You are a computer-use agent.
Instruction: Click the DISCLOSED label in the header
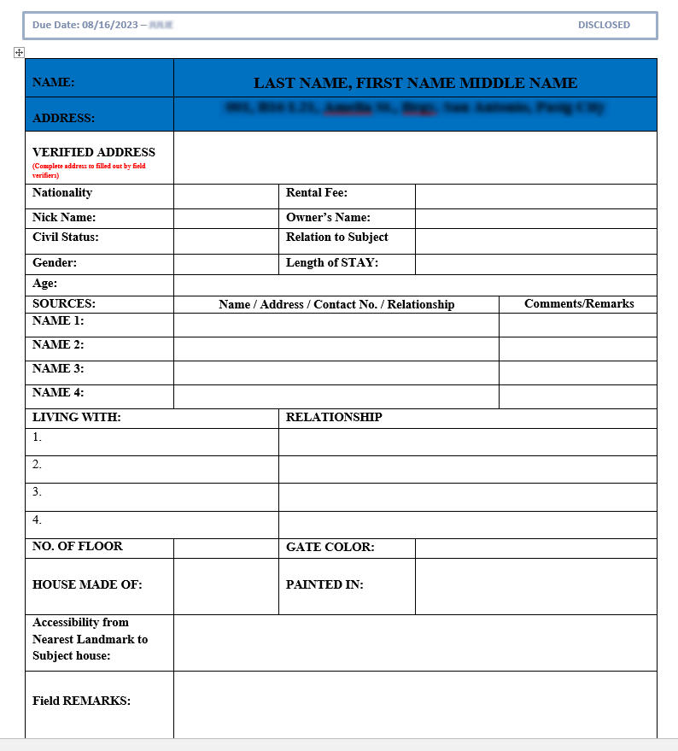(604, 25)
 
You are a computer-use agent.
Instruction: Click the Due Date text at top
(85, 25)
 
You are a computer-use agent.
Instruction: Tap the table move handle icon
(19, 53)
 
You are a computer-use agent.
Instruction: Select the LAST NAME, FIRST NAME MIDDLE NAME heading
(415, 83)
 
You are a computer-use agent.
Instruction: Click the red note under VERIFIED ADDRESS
(89, 170)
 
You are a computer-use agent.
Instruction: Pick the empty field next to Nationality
(225, 196)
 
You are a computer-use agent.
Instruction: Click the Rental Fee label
(316, 193)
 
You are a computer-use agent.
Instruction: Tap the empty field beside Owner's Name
(535, 219)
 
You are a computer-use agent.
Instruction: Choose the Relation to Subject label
(336, 238)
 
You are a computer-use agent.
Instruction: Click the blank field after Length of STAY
(535, 264)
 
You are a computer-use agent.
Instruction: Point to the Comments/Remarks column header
(579, 304)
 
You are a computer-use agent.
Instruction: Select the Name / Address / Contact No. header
(336, 304)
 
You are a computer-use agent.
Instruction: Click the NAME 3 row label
(58, 369)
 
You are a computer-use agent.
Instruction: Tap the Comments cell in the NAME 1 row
(577, 325)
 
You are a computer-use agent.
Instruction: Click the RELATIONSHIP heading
(334, 418)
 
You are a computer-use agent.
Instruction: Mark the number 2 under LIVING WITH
(37, 465)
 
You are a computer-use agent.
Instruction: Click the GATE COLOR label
(330, 548)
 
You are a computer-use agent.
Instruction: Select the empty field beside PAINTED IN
(535, 586)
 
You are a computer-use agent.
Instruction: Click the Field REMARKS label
(81, 701)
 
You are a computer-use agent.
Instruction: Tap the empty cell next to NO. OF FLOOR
(225, 548)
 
